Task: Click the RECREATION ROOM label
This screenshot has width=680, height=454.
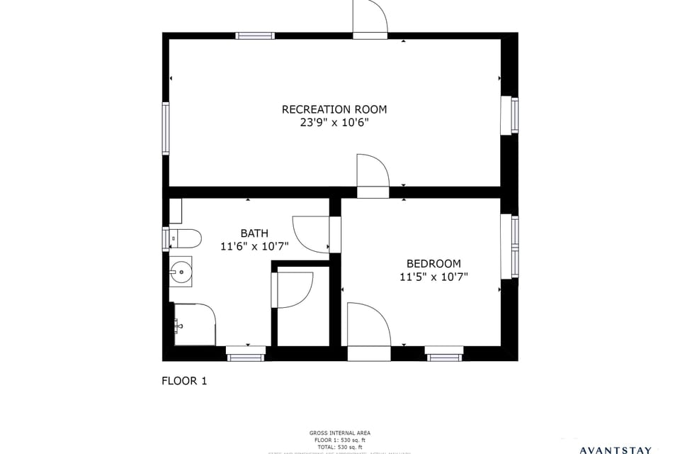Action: tap(334, 109)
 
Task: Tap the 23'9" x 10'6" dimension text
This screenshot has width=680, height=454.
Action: tap(334, 123)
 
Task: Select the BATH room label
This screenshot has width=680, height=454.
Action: tap(254, 233)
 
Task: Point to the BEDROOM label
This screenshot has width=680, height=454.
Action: tap(433, 263)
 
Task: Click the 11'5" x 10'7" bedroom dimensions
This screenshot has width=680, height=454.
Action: tap(433, 277)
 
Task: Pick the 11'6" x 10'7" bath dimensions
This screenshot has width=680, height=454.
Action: tap(254, 247)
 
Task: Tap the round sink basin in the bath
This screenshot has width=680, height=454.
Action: tap(181, 270)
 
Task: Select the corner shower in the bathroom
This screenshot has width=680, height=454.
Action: tap(194, 325)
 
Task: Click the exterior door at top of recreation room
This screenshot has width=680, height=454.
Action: tap(370, 18)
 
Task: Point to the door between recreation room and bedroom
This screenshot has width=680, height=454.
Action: tap(373, 175)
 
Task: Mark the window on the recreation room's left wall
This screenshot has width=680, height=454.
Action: tap(166, 128)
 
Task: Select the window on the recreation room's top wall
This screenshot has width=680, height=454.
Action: tap(255, 35)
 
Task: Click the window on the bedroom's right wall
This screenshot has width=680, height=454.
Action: tap(514, 246)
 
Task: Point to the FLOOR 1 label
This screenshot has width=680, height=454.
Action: tap(184, 381)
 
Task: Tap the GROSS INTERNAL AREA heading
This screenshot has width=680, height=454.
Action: tap(339, 433)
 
